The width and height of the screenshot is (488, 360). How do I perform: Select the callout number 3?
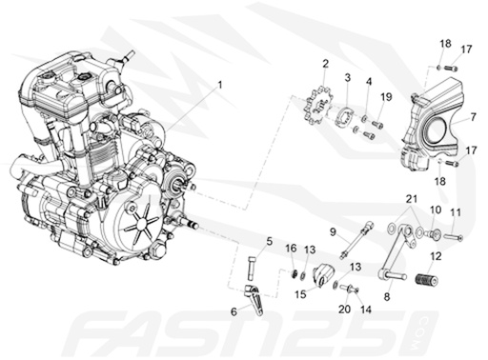(x=348, y=76)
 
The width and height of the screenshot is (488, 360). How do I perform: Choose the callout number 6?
(x=234, y=311)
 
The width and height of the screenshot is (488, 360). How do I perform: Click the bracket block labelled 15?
(x=320, y=275)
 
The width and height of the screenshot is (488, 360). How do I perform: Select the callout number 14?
(x=363, y=310)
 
